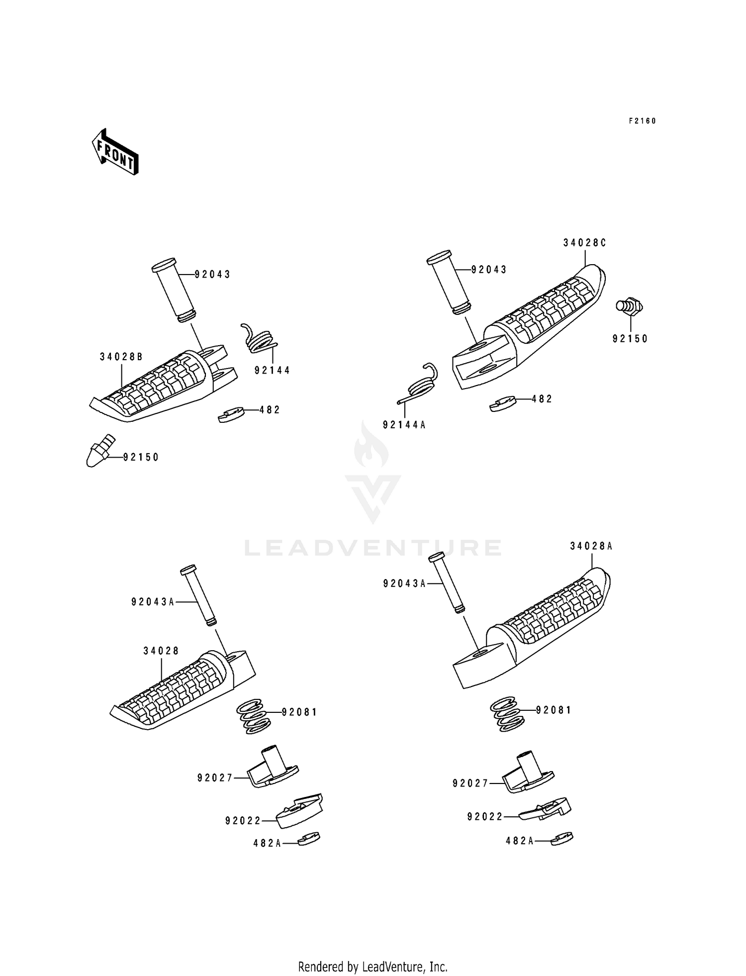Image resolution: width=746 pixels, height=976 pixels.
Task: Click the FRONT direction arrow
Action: coord(115,152)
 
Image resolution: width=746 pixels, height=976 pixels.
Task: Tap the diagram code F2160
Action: coord(643,121)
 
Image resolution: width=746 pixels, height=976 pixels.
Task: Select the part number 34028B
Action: coord(121,357)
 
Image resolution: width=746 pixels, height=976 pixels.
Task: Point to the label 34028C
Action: coord(585,243)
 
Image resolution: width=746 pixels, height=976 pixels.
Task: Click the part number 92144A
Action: coord(404,425)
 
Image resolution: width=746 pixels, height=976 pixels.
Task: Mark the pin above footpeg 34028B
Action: coord(174,290)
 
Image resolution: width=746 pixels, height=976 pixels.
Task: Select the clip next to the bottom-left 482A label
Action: coord(309,839)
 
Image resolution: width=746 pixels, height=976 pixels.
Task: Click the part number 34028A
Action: coord(591,546)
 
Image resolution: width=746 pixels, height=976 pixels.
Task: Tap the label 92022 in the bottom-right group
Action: coord(485,817)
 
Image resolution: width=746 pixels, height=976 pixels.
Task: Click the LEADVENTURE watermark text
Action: coord(373,548)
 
